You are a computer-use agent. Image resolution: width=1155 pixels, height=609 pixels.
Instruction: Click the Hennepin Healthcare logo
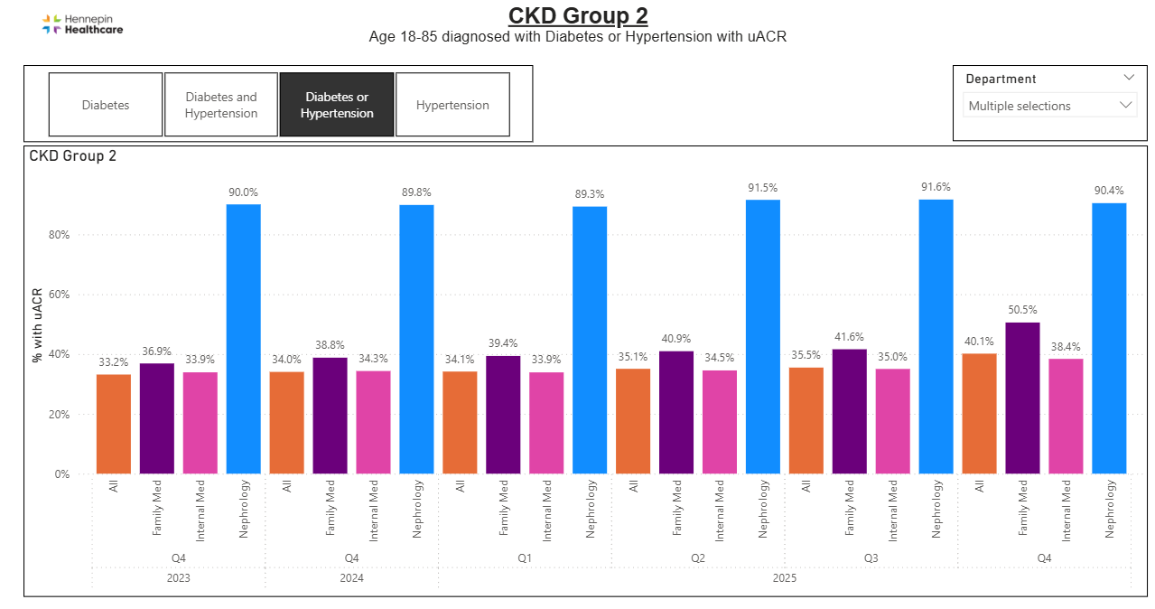tap(82, 24)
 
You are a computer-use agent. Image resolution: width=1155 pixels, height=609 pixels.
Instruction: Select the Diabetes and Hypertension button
tap(221, 105)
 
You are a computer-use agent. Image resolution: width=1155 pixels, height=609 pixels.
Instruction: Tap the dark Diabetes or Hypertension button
tap(337, 105)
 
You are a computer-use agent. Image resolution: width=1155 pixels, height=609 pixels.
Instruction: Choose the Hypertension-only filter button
tap(452, 105)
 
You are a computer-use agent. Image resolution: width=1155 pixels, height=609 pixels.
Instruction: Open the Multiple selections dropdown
tap(1049, 106)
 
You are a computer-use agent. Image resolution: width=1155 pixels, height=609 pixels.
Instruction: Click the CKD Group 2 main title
tap(578, 16)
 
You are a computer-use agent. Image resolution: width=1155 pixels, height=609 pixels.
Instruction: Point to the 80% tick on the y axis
tap(59, 235)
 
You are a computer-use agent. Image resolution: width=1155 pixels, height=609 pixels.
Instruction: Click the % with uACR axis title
tap(37, 324)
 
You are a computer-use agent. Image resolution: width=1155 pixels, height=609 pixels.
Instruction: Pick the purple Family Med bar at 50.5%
tap(1022, 398)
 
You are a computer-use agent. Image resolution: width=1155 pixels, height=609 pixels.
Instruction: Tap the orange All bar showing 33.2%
tap(114, 424)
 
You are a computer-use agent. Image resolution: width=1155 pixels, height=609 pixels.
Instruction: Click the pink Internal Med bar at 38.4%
tap(1066, 416)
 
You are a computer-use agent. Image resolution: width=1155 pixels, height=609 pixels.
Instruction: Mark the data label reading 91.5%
tap(763, 188)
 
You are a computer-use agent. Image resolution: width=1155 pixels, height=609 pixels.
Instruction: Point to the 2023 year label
tap(178, 577)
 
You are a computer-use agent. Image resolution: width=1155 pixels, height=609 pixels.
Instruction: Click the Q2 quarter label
tap(698, 558)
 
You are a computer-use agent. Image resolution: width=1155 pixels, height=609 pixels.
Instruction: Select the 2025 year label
tap(783, 577)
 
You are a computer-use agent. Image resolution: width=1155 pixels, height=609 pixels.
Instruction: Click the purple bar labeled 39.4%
tap(503, 414)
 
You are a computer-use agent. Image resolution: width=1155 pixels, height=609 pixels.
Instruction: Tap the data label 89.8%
tap(416, 192)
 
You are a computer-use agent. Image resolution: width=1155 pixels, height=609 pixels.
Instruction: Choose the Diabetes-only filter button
tap(106, 105)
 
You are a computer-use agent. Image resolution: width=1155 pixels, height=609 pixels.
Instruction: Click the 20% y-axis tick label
tap(59, 415)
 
